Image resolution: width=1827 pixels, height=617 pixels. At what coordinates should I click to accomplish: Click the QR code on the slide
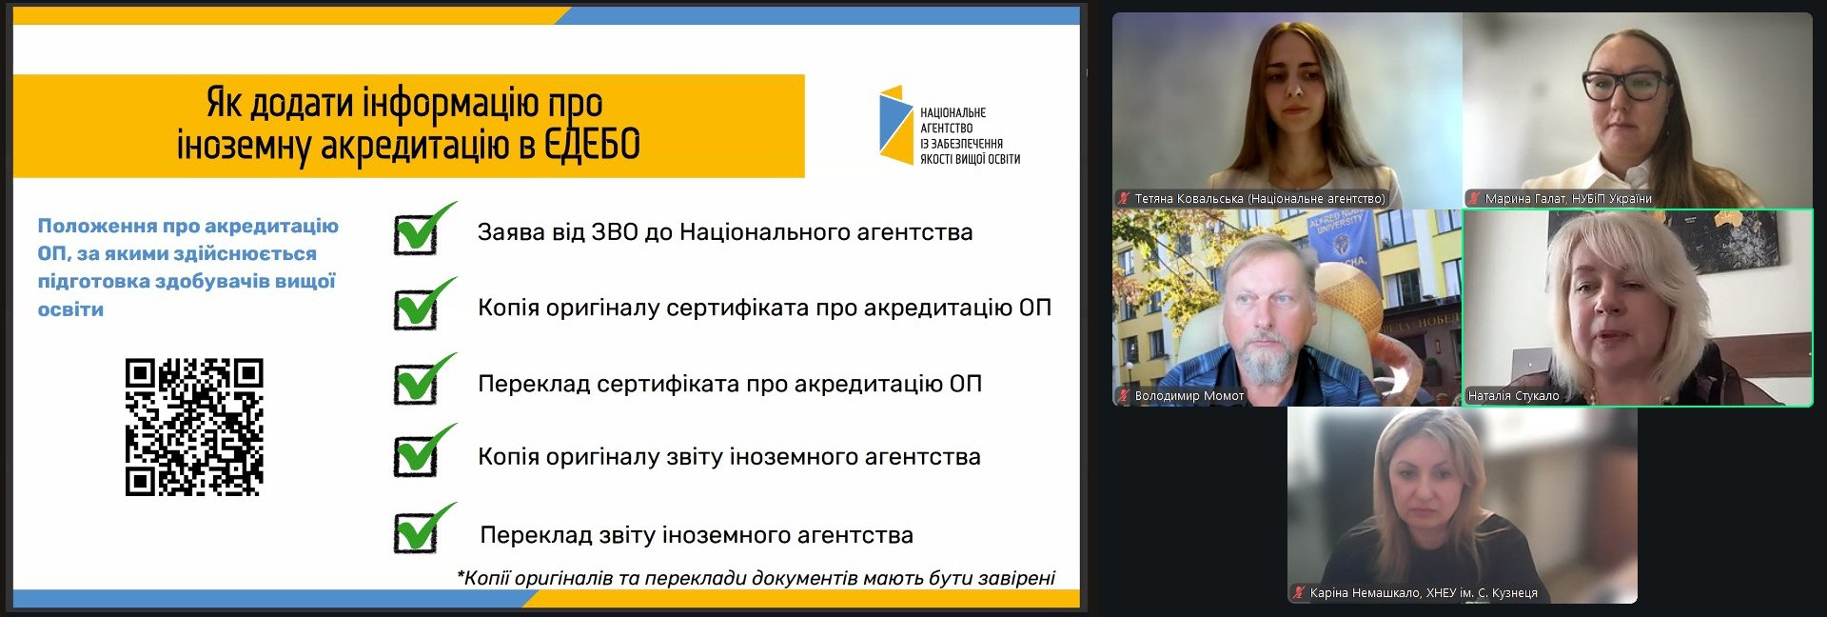coord(194,427)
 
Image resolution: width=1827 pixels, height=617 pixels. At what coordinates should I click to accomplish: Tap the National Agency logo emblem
coord(895,125)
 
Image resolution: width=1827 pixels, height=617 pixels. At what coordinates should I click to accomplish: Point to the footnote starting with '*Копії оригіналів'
coord(756,578)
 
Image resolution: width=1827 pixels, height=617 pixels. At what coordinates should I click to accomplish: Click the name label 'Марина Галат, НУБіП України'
coord(1568,199)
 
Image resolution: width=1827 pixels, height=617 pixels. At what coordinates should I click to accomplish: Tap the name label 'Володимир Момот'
coord(1189,396)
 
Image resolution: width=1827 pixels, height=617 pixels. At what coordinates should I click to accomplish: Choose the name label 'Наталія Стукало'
coord(1513,396)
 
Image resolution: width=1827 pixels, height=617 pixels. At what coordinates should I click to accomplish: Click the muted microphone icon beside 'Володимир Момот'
coord(1125,396)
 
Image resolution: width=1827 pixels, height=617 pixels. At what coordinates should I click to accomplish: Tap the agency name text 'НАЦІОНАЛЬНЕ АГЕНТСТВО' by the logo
coord(953,120)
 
